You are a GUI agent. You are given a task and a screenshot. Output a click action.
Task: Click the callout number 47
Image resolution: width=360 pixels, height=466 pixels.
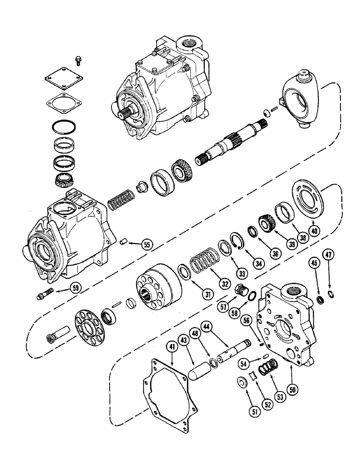click(330, 268)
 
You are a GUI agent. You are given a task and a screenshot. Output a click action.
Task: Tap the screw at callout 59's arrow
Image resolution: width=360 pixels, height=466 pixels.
click(44, 295)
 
